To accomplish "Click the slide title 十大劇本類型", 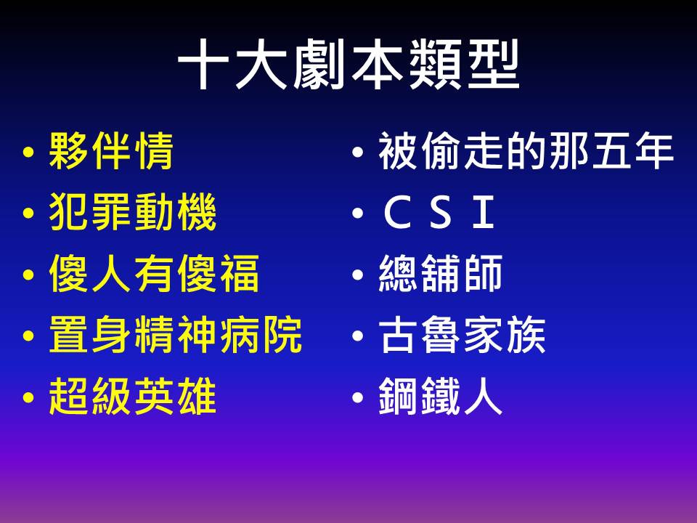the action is coord(348,65).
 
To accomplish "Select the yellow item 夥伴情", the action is coord(110,151).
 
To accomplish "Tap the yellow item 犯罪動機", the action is coord(132,211).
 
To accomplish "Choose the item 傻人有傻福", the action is coord(154,273).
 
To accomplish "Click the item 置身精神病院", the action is coord(176,334).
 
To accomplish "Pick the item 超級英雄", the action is coord(132,396).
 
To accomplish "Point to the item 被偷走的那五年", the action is coord(526,151).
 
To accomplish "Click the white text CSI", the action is coord(439,212).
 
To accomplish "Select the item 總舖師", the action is coord(441,273).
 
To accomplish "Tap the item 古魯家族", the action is coord(462,334).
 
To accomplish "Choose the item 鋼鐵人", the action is coord(441,396).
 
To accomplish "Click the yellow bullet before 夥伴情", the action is coord(28,153).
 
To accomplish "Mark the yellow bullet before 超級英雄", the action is coord(28,397).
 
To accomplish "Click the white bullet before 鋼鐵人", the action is coord(358,397).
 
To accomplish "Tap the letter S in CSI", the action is coord(440,212).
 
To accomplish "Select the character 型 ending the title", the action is coord(494,65).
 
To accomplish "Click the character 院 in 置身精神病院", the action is coord(282,334).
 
